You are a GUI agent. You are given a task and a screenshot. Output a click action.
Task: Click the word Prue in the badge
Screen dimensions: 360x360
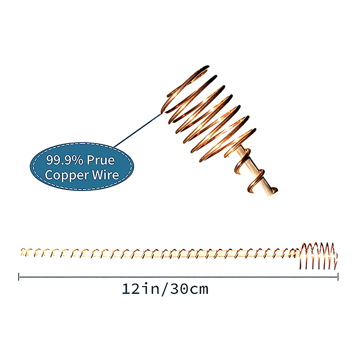click(x=100, y=160)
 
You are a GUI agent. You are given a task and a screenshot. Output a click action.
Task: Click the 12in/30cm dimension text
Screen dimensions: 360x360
click(x=165, y=288)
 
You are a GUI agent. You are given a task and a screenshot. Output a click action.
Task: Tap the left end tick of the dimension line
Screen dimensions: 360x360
click(x=19, y=277)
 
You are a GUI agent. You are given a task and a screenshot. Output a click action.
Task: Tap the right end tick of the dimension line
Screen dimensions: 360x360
click(x=338, y=277)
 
